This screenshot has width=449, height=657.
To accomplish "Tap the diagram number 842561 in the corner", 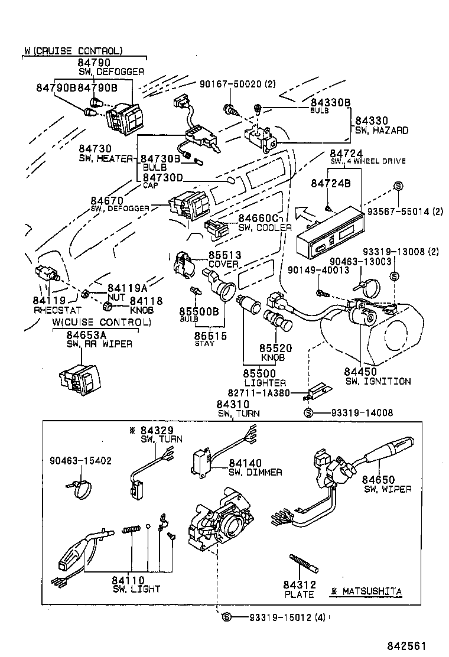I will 406,646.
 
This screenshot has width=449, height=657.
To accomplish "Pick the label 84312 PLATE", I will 300,589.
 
